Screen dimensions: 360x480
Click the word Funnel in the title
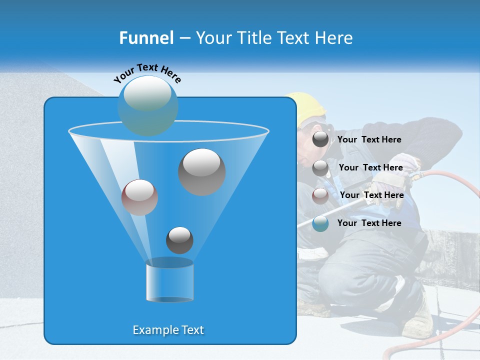146,38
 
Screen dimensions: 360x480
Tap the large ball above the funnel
148,105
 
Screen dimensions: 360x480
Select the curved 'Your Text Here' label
147,73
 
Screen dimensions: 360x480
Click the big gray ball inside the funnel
202,172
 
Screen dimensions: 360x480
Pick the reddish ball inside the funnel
140,197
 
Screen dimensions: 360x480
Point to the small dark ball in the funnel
179,240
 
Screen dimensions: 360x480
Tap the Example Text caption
168,330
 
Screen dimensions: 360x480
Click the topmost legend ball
320,139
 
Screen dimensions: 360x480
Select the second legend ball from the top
320,168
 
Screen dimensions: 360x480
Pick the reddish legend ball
320,195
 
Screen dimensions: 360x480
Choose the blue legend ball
320,223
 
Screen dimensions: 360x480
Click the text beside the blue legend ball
369,223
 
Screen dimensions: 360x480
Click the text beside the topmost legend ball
369,139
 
